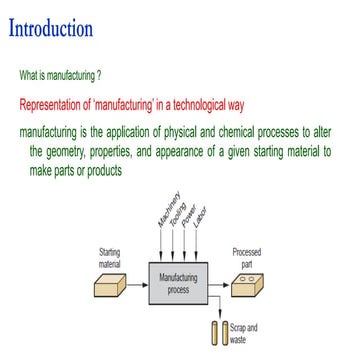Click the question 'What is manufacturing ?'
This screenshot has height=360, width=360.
(74, 75)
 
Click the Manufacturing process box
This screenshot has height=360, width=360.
(178, 284)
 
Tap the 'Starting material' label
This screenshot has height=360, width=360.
(111, 257)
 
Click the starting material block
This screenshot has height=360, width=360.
(110, 287)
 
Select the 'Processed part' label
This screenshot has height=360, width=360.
(246, 258)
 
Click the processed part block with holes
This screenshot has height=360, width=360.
(246, 287)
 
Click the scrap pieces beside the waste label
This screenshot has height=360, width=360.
(219, 331)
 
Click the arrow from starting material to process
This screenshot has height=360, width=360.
(138, 284)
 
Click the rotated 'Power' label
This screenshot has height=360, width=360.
(189, 212)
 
